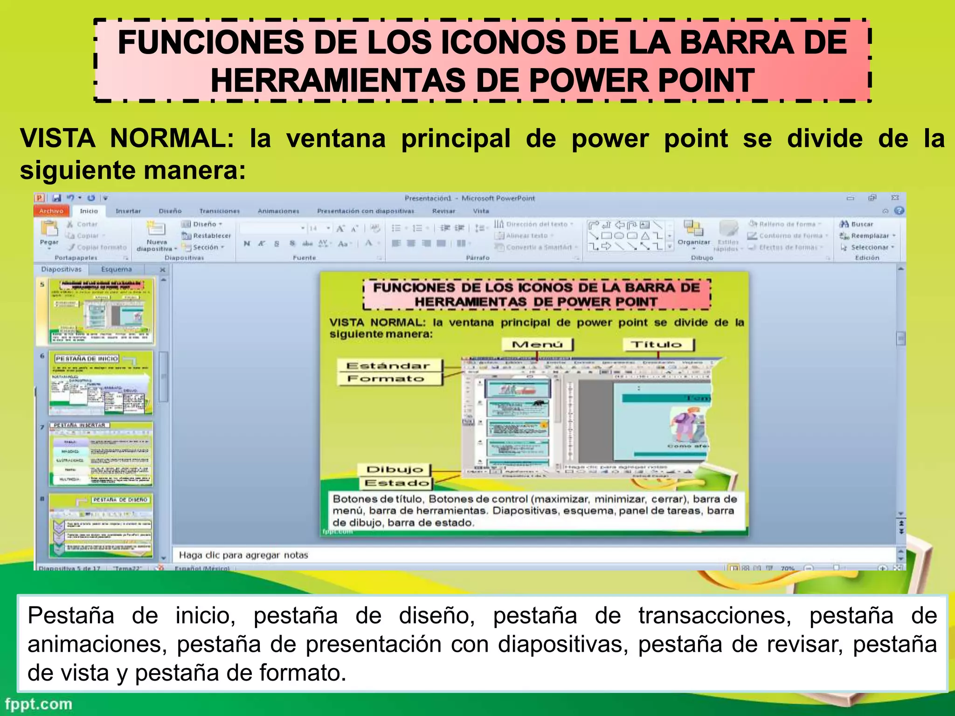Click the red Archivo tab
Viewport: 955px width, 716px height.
point(51,211)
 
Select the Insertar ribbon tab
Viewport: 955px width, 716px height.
point(128,211)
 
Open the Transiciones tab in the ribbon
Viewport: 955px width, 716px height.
point(219,211)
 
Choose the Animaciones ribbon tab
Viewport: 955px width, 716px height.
point(278,211)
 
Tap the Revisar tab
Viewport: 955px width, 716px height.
point(443,211)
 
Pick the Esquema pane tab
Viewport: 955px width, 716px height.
point(117,269)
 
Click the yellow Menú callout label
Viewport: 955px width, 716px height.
point(537,344)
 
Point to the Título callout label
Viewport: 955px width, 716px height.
point(657,344)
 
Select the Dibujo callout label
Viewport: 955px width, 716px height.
point(394,469)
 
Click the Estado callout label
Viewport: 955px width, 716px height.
point(396,482)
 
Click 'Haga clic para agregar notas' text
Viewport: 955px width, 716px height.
point(243,555)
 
